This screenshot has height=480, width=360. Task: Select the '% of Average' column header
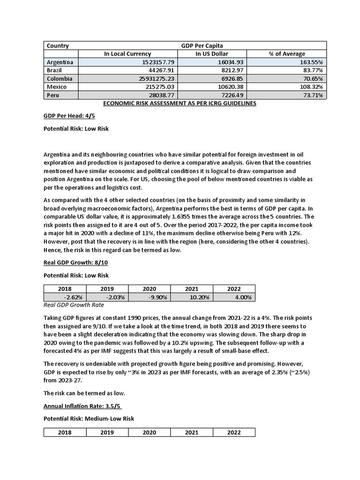(x=286, y=54)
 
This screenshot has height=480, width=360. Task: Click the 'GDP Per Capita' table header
(x=202, y=46)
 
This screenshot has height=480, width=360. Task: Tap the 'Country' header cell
(x=58, y=46)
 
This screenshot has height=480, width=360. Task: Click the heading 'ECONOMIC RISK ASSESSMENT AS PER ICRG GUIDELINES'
(x=180, y=104)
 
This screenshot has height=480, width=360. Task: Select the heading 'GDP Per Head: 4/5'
(x=67, y=116)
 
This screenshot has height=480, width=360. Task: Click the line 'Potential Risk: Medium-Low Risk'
(x=89, y=419)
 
